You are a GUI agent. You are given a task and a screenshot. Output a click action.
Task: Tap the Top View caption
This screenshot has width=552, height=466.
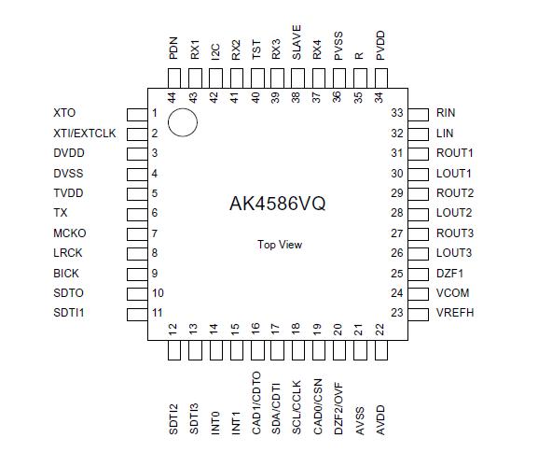280,245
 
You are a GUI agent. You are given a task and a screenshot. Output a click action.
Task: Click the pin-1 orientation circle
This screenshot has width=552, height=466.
183,122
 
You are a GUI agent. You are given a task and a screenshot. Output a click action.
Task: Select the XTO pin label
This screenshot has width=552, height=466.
65,113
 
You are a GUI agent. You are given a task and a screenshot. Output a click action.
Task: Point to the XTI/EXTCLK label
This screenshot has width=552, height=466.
85,134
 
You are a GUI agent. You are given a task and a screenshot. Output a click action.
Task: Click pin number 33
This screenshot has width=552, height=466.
396,113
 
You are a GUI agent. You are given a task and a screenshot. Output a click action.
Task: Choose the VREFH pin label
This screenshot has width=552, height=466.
455,313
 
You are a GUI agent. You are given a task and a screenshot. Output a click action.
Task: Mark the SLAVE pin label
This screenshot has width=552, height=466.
297,43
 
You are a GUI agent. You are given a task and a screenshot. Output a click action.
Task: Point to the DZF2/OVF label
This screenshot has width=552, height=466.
338,402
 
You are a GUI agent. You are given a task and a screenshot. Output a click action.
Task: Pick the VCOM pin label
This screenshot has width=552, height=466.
453,293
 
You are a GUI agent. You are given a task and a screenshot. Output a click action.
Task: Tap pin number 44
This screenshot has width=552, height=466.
172,97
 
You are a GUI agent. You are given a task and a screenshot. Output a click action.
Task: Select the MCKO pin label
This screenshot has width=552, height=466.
70,233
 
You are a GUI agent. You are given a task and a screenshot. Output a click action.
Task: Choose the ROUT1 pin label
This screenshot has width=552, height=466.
455,153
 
